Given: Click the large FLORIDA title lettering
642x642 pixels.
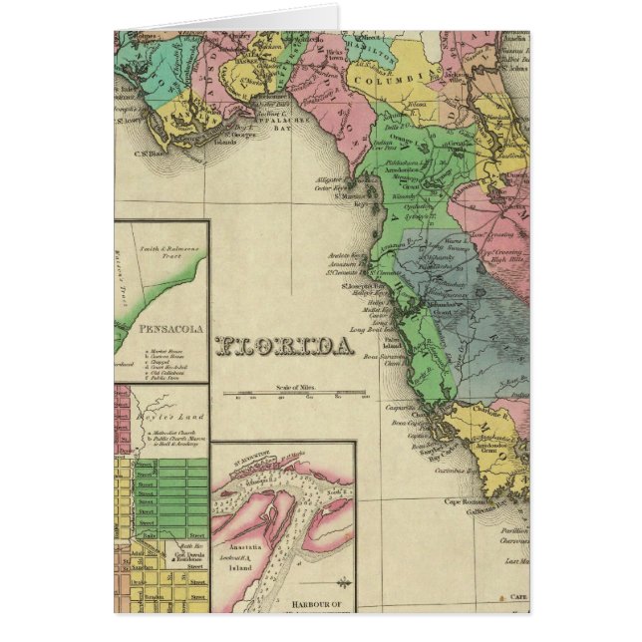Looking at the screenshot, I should pyautogui.click(x=285, y=346).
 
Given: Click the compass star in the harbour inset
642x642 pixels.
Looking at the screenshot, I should pyautogui.click(x=344, y=581).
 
